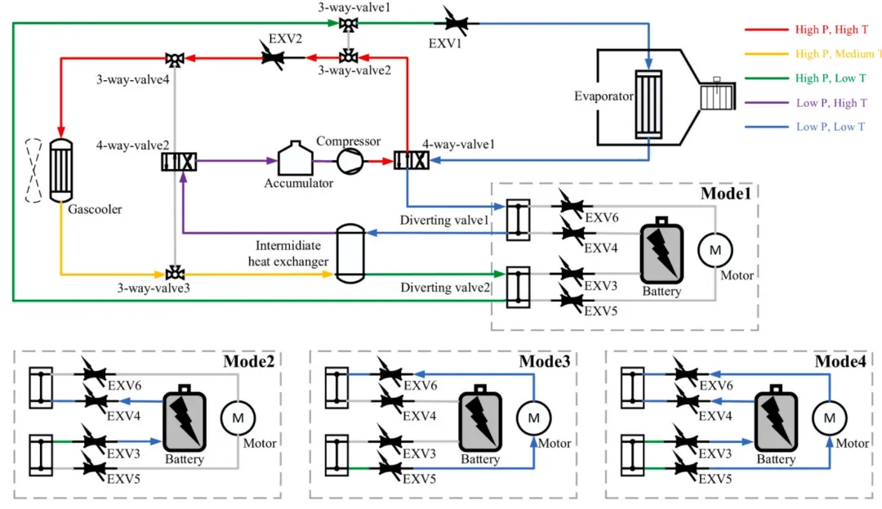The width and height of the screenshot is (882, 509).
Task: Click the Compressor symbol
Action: pos(349,161)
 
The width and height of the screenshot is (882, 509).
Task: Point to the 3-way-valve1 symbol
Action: pos(350,24)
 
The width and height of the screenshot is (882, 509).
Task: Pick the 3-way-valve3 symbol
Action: pos(174,271)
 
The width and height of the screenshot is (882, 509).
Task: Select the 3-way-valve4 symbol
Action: pos(174,58)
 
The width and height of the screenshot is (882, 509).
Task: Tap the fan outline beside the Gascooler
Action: pos(33,170)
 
